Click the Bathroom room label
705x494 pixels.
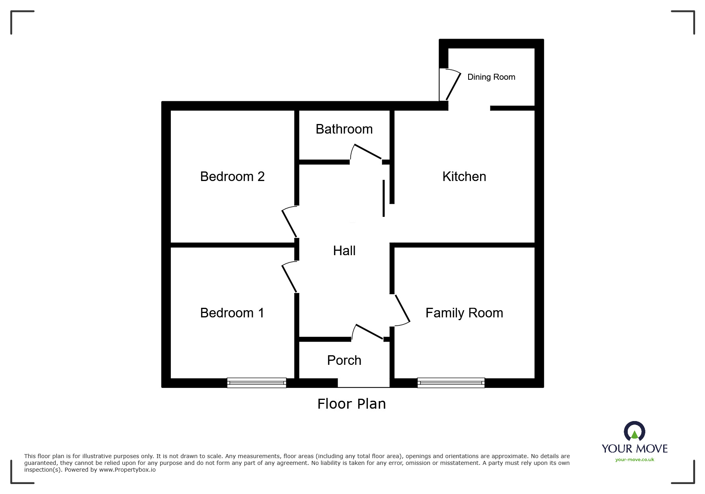pos(344,129)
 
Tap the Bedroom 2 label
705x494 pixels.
pos(232,176)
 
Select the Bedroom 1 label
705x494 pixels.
pos(232,313)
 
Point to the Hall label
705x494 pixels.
pos(344,251)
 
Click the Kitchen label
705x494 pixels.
pos(464,177)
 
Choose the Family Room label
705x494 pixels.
pos(464,313)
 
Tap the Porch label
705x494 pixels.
pos(344,360)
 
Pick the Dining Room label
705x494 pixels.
pos(491,77)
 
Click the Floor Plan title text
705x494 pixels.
pos(352,404)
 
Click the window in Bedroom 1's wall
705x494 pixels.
pos(256,383)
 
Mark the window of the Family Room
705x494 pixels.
pos(451,383)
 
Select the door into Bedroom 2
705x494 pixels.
pos(289,222)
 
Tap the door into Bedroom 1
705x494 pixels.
pos(289,278)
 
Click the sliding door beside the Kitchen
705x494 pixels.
pos(384,198)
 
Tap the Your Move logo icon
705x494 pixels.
pos(635,432)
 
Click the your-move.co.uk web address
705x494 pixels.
pos(635,460)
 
